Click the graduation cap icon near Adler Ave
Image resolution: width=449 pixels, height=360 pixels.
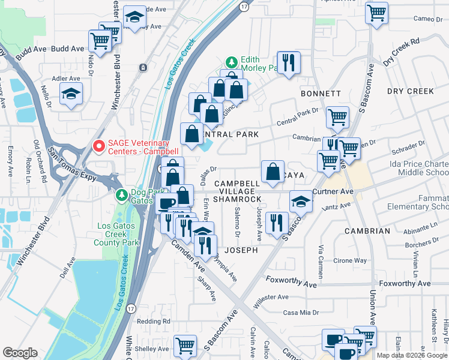(71, 94)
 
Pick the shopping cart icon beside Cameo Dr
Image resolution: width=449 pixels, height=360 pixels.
(376, 13)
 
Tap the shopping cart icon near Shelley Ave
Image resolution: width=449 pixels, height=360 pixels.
(185, 345)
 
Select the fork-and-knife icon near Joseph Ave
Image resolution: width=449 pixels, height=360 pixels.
(276, 223)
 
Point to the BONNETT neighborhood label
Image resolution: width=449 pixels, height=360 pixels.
(321, 94)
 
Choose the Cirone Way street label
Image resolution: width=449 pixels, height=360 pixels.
(350, 261)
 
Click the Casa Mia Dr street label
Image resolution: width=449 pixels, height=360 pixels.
(298, 313)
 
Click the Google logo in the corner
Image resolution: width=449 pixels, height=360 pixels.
(20, 353)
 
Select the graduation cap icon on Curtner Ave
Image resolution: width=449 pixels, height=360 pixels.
(300, 202)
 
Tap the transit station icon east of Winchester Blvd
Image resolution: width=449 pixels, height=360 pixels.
(143, 67)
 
